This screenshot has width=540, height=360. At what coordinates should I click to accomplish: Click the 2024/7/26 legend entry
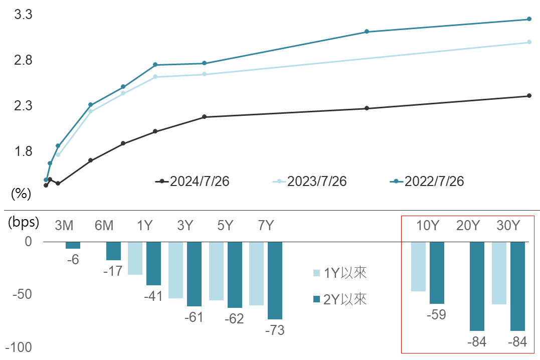coord(193,182)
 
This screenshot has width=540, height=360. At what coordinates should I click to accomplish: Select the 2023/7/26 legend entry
coord(310,182)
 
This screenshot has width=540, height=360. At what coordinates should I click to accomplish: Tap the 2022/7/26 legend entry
coord(427,182)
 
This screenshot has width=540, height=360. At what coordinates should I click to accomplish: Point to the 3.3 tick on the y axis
coord(24,15)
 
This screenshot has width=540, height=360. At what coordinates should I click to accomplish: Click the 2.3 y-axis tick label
coord(24,106)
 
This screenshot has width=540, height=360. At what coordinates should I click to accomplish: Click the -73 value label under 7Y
coord(274,331)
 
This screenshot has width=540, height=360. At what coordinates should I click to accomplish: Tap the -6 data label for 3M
coord(73,260)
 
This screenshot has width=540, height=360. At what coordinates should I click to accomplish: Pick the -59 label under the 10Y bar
coord(436,315)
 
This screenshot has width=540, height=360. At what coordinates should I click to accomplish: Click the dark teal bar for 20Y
coord(477,286)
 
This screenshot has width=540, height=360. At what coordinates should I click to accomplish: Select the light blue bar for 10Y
coord(418,266)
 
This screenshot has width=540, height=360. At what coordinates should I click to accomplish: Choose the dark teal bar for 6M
coord(113,251)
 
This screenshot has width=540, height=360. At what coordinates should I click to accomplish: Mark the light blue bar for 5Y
coord(216,271)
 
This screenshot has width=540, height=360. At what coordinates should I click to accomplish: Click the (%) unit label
coord(21,194)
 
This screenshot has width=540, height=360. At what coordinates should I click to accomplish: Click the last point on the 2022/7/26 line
coord(529,19)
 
